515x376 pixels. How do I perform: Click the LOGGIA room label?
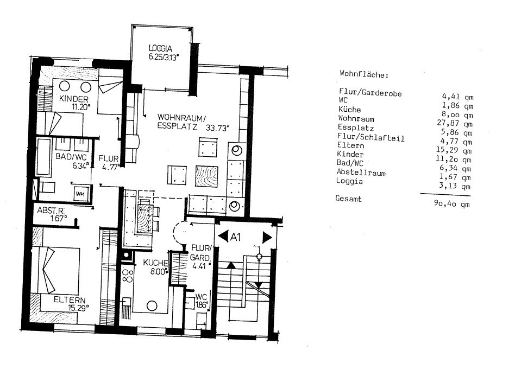point(160,48)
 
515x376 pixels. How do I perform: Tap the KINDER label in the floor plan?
point(74,99)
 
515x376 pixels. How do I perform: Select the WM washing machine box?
point(80,194)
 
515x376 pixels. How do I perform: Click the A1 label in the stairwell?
point(235,237)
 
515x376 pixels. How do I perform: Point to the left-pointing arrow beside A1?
point(223,237)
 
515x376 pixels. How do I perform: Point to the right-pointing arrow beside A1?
point(267,237)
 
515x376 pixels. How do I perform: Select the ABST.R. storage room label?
point(51,211)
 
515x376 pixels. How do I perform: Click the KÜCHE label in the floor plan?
point(156,263)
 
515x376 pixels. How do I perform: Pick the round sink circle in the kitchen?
point(152,306)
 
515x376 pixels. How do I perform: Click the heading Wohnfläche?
point(364,74)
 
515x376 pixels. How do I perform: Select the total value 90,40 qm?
point(451,203)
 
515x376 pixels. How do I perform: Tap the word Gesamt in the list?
point(348,199)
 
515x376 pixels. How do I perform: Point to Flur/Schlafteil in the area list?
point(371,137)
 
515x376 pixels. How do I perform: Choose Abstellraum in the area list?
point(361,172)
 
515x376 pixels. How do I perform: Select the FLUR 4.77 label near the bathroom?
point(109,163)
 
